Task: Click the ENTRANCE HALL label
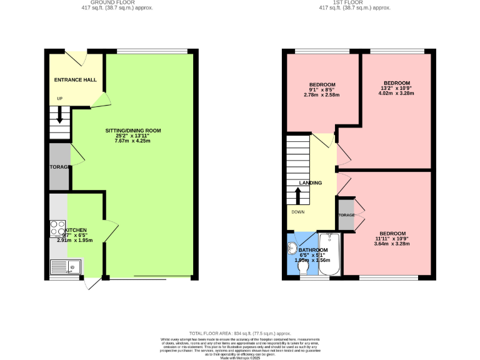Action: [x=75, y=80]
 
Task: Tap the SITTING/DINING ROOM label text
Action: [x=132, y=131]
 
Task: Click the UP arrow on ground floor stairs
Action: [x=60, y=114]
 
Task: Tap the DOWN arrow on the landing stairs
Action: [x=298, y=195]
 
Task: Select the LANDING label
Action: [x=311, y=183]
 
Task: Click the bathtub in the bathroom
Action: [x=328, y=254]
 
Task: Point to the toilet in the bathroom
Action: [x=304, y=267]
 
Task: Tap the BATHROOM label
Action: [x=313, y=249]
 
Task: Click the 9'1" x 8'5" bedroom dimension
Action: [x=322, y=90]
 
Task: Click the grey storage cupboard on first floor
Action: [x=346, y=215]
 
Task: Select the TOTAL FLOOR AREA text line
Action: [x=240, y=334]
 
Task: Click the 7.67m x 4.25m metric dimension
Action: [x=132, y=141]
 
